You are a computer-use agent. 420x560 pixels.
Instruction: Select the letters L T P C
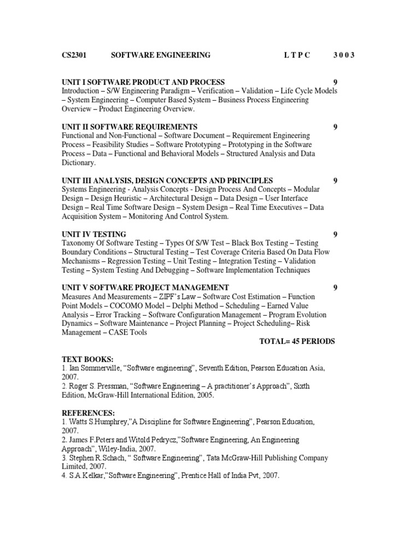click(x=297, y=55)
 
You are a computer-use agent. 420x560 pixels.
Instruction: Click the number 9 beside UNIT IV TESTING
click(x=336, y=234)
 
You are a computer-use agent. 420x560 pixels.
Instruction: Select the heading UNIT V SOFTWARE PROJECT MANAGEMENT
click(x=145, y=288)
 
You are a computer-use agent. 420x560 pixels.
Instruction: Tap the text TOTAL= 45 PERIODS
click(x=297, y=341)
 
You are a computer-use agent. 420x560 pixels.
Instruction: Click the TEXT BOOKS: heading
click(x=87, y=359)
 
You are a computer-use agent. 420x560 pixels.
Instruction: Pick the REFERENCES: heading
click(x=89, y=413)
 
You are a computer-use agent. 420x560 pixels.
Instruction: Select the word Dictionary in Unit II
click(x=79, y=162)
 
